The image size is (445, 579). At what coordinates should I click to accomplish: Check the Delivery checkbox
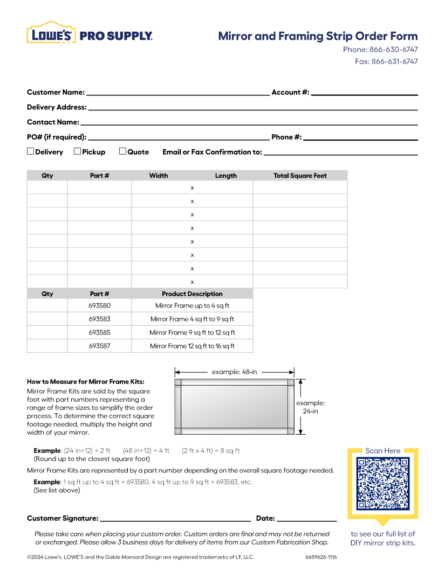coord(31,151)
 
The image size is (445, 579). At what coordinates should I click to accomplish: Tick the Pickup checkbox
coord(78,151)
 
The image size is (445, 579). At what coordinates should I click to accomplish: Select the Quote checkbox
coord(122,151)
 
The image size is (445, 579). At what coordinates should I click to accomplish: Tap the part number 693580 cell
coord(99,305)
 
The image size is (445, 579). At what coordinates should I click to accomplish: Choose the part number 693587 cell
coord(99,346)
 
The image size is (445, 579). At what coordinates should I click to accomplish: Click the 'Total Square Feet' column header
coord(300,176)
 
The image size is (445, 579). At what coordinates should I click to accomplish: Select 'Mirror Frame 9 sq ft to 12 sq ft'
coord(192,332)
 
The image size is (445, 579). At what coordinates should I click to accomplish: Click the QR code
coord(382,484)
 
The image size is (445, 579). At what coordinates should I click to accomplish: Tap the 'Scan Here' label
coord(382,451)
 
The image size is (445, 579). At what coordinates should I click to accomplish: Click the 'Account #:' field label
coord(290,92)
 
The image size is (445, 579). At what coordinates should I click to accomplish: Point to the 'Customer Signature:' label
coord(63,518)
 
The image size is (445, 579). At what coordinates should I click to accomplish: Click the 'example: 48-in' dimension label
coord(234,372)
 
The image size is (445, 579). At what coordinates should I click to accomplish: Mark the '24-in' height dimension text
coord(310,411)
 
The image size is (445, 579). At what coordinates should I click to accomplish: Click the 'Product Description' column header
coord(192,294)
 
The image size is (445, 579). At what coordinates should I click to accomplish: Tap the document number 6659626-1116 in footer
coord(321,557)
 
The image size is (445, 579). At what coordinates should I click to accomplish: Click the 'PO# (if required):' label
coord(57,137)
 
